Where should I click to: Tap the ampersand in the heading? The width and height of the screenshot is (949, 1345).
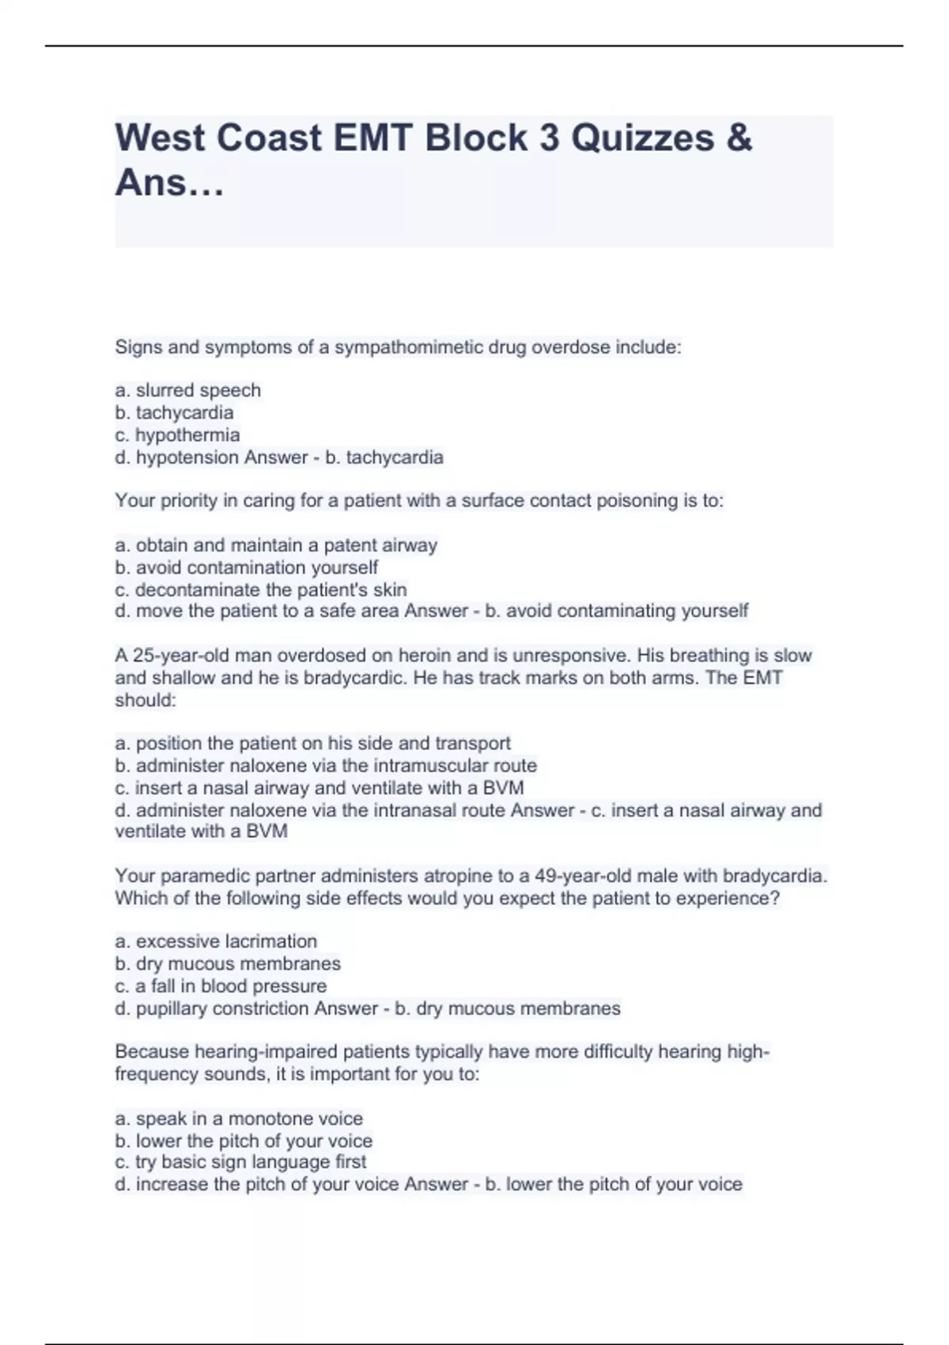click(737, 138)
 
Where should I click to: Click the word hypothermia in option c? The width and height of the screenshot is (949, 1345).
click(187, 435)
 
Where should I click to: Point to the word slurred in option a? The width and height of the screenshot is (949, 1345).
click(164, 390)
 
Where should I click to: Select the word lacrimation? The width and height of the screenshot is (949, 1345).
click(271, 941)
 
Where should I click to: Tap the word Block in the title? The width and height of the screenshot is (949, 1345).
click(475, 138)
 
